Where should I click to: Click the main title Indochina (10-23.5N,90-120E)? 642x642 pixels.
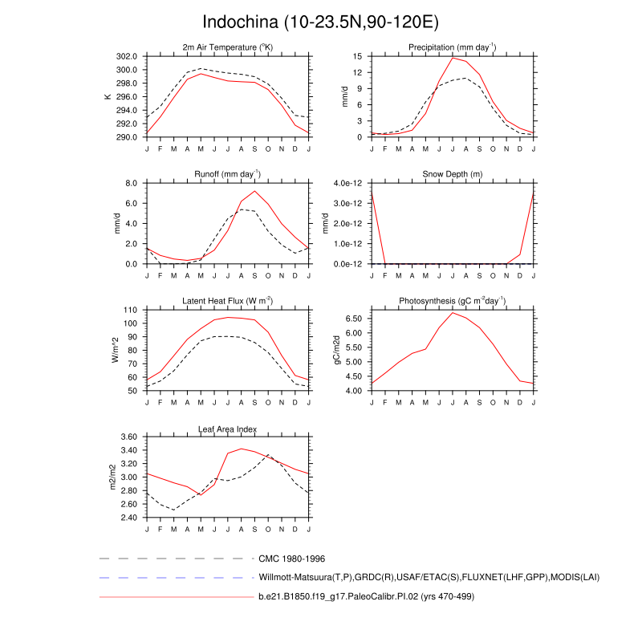click(321, 21)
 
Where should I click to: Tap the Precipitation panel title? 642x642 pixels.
click(453, 47)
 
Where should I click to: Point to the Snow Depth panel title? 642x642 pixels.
click(453, 174)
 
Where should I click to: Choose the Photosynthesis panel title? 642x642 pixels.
click(453, 300)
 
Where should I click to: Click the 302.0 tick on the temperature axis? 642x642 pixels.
click(127, 56)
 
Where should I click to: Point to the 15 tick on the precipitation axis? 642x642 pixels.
click(358, 56)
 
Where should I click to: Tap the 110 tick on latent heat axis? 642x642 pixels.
click(132, 310)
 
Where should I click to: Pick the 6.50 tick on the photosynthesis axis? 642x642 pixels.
click(354, 319)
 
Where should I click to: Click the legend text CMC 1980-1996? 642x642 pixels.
click(291, 558)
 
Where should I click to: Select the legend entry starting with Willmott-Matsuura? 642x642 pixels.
click(429, 577)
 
